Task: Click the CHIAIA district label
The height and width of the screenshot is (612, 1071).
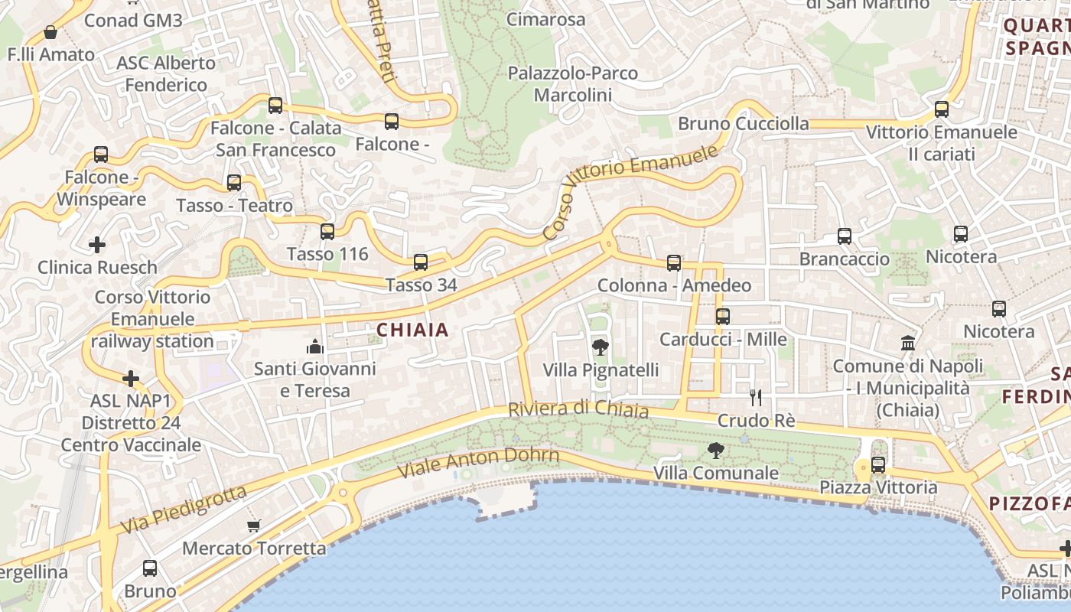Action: [x=412, y=330]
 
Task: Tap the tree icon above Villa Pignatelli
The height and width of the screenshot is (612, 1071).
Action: [x=601, y=347]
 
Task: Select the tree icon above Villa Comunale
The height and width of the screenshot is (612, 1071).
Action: [x=716, y=451]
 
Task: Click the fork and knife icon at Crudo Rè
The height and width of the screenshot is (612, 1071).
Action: [x=756, y=397]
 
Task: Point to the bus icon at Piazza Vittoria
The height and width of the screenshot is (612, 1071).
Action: [x=878, y=464]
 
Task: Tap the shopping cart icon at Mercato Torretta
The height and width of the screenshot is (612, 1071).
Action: [x=254, y=526]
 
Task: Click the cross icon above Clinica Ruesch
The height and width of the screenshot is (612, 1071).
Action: [x=97, y=245]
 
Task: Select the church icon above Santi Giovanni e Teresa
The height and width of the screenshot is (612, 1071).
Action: [x=315, y=347]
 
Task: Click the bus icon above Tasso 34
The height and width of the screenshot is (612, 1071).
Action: [x=421, y=262]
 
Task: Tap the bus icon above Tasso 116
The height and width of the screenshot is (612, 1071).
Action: [x=327, y=231]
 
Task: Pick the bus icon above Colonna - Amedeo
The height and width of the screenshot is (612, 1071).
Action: [x=674, y=263]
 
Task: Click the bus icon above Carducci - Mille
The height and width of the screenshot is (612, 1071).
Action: [x=723, y=316]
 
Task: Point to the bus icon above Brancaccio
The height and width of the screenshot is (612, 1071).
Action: [x=845, y=236]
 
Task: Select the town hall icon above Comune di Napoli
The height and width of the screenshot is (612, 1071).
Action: [x=908, y=343]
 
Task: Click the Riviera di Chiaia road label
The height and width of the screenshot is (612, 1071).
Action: [x=578, y=409]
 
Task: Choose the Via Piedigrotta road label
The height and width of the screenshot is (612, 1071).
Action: [x=184, y=509]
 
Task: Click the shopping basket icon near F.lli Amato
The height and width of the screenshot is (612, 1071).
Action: [x=50, y=32]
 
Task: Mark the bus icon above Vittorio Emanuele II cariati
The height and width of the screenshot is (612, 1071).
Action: [x=942, y=109]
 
